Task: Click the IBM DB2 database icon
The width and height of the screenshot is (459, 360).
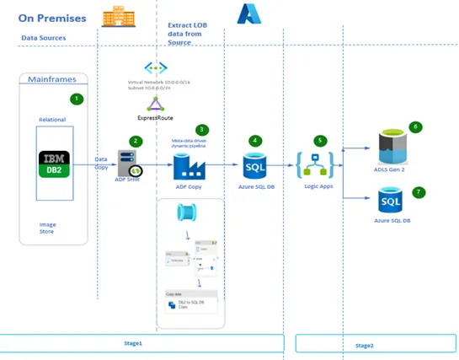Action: coord(57,160)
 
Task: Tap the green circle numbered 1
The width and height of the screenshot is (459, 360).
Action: coord(77,99)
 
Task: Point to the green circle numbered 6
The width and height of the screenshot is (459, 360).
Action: coord(414,127)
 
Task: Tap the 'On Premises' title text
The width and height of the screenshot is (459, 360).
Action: coord(51,18)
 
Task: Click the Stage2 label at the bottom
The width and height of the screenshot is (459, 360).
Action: coord(364,345)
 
